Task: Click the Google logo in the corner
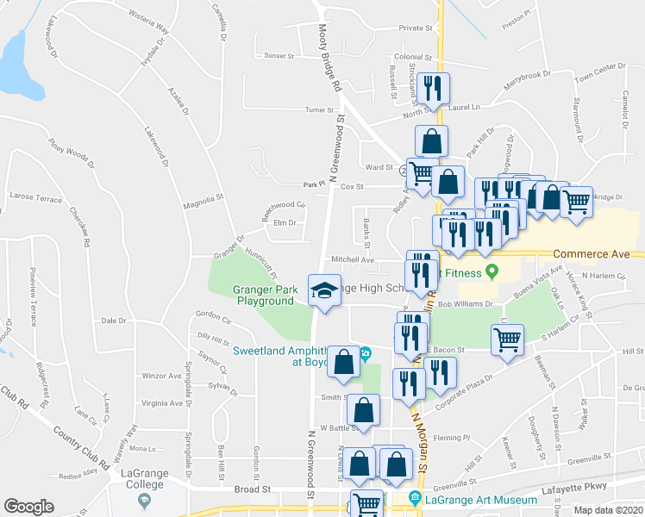(x=28, y=507)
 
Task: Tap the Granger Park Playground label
(x=263, y=296)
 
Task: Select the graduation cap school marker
(x=324, y=290)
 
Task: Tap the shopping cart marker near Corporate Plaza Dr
(x=508, y=338)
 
